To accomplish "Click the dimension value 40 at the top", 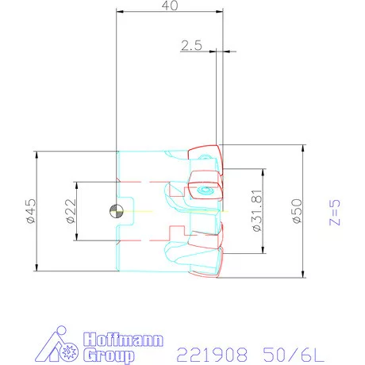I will click(169, 5).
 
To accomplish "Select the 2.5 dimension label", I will click(191, 46).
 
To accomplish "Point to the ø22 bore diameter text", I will click(70, 212).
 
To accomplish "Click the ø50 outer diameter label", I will click(295, 211).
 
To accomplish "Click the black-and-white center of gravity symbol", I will click(117, 210).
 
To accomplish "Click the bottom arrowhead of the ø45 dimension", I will click(39, 267).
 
